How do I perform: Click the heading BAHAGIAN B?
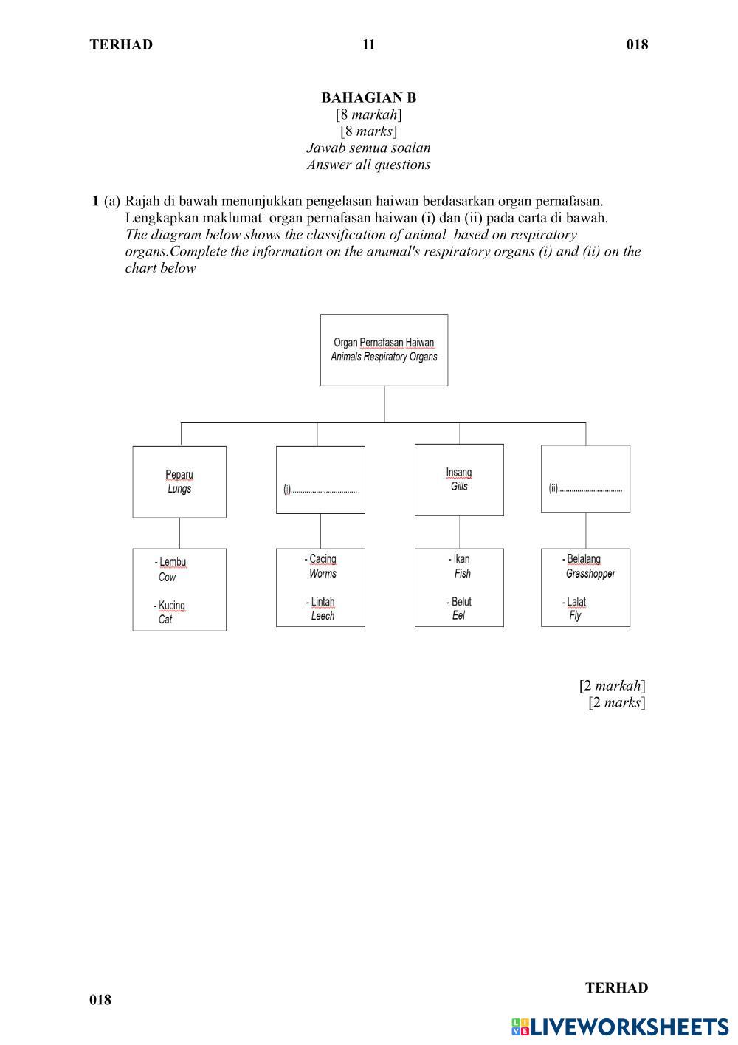click(x=368, y=97)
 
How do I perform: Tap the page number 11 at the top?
click(x=368, y=44)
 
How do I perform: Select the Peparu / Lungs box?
click(x=179, y=482)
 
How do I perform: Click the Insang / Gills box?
click(x=459, y=479)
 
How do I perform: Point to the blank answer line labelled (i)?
click(x=324, y=490)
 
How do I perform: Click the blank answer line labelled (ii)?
click(x=589, y=488)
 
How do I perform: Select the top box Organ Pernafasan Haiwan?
click(x=384, y=349)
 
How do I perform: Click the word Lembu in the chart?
click(x=173, y=563)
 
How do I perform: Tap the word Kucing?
click(x=172, y=606)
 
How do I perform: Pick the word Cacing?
click(x=323, y=559)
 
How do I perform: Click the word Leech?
click(x=323, y=616)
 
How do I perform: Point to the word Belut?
click(x=461, y=602)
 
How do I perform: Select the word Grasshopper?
click(x=590, y=574)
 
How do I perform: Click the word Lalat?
click(x=576, y=602)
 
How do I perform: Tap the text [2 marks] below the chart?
click(x=617, y=702)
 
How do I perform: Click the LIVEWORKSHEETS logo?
click(x=619, y=1027)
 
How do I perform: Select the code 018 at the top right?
click(x=637, y=44)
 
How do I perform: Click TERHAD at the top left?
click(x=121, y=44)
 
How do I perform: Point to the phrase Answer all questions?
click(x=368, y=165)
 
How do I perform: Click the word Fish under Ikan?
click(x=463, y=574)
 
